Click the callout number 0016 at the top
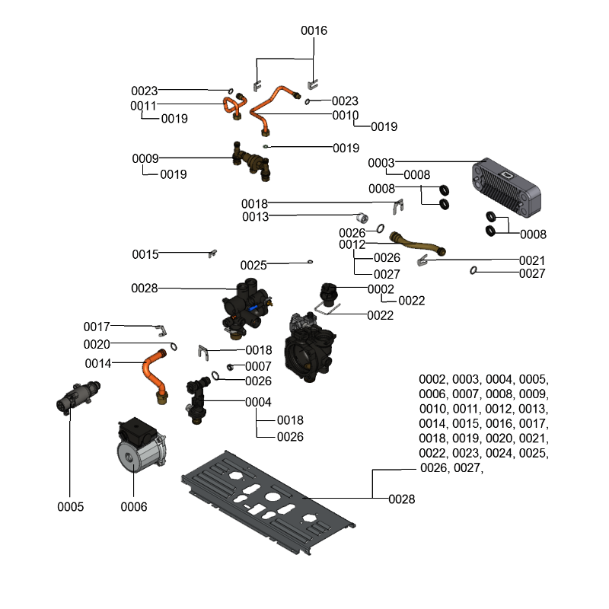pyautogui.click(x=314, y=31)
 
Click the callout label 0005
pyautogui.click(x=70, y=506)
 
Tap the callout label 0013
pyautogui.click(x=255, y=217)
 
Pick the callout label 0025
pyautogui.click(x=253, y=265)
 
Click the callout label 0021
pyautogui.click(x=532, y=260)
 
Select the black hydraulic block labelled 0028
pyautogui.click(x=245, y=308)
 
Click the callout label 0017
pyautogui.click(x=97, y=327)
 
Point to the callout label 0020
pyautogui.click(x=97, y=345)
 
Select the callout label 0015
pyautogui.click(x=145, y=253)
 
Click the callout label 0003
pyautogui.click(x=381, y=164)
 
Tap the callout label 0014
pyautogui.click(x=98, y=363)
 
